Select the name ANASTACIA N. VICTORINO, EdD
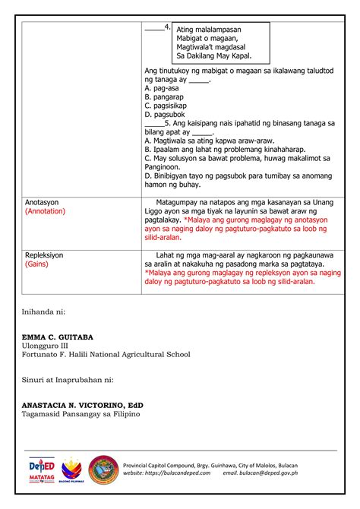tap(81, 406)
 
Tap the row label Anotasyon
tap(42, 203)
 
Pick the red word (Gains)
tap(36, 264)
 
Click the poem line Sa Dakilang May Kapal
tap(213, 56)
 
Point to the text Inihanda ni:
tap(45, 311)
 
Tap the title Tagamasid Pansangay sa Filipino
tap(82, 416)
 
